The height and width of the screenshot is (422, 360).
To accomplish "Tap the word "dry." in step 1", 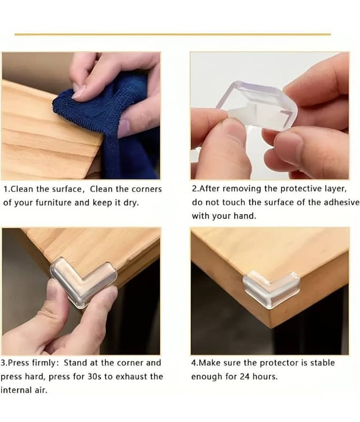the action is tap(131, 203).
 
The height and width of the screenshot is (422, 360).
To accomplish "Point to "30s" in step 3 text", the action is tap(94, 377).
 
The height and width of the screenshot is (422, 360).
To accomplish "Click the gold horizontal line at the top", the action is tap(172, 34).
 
